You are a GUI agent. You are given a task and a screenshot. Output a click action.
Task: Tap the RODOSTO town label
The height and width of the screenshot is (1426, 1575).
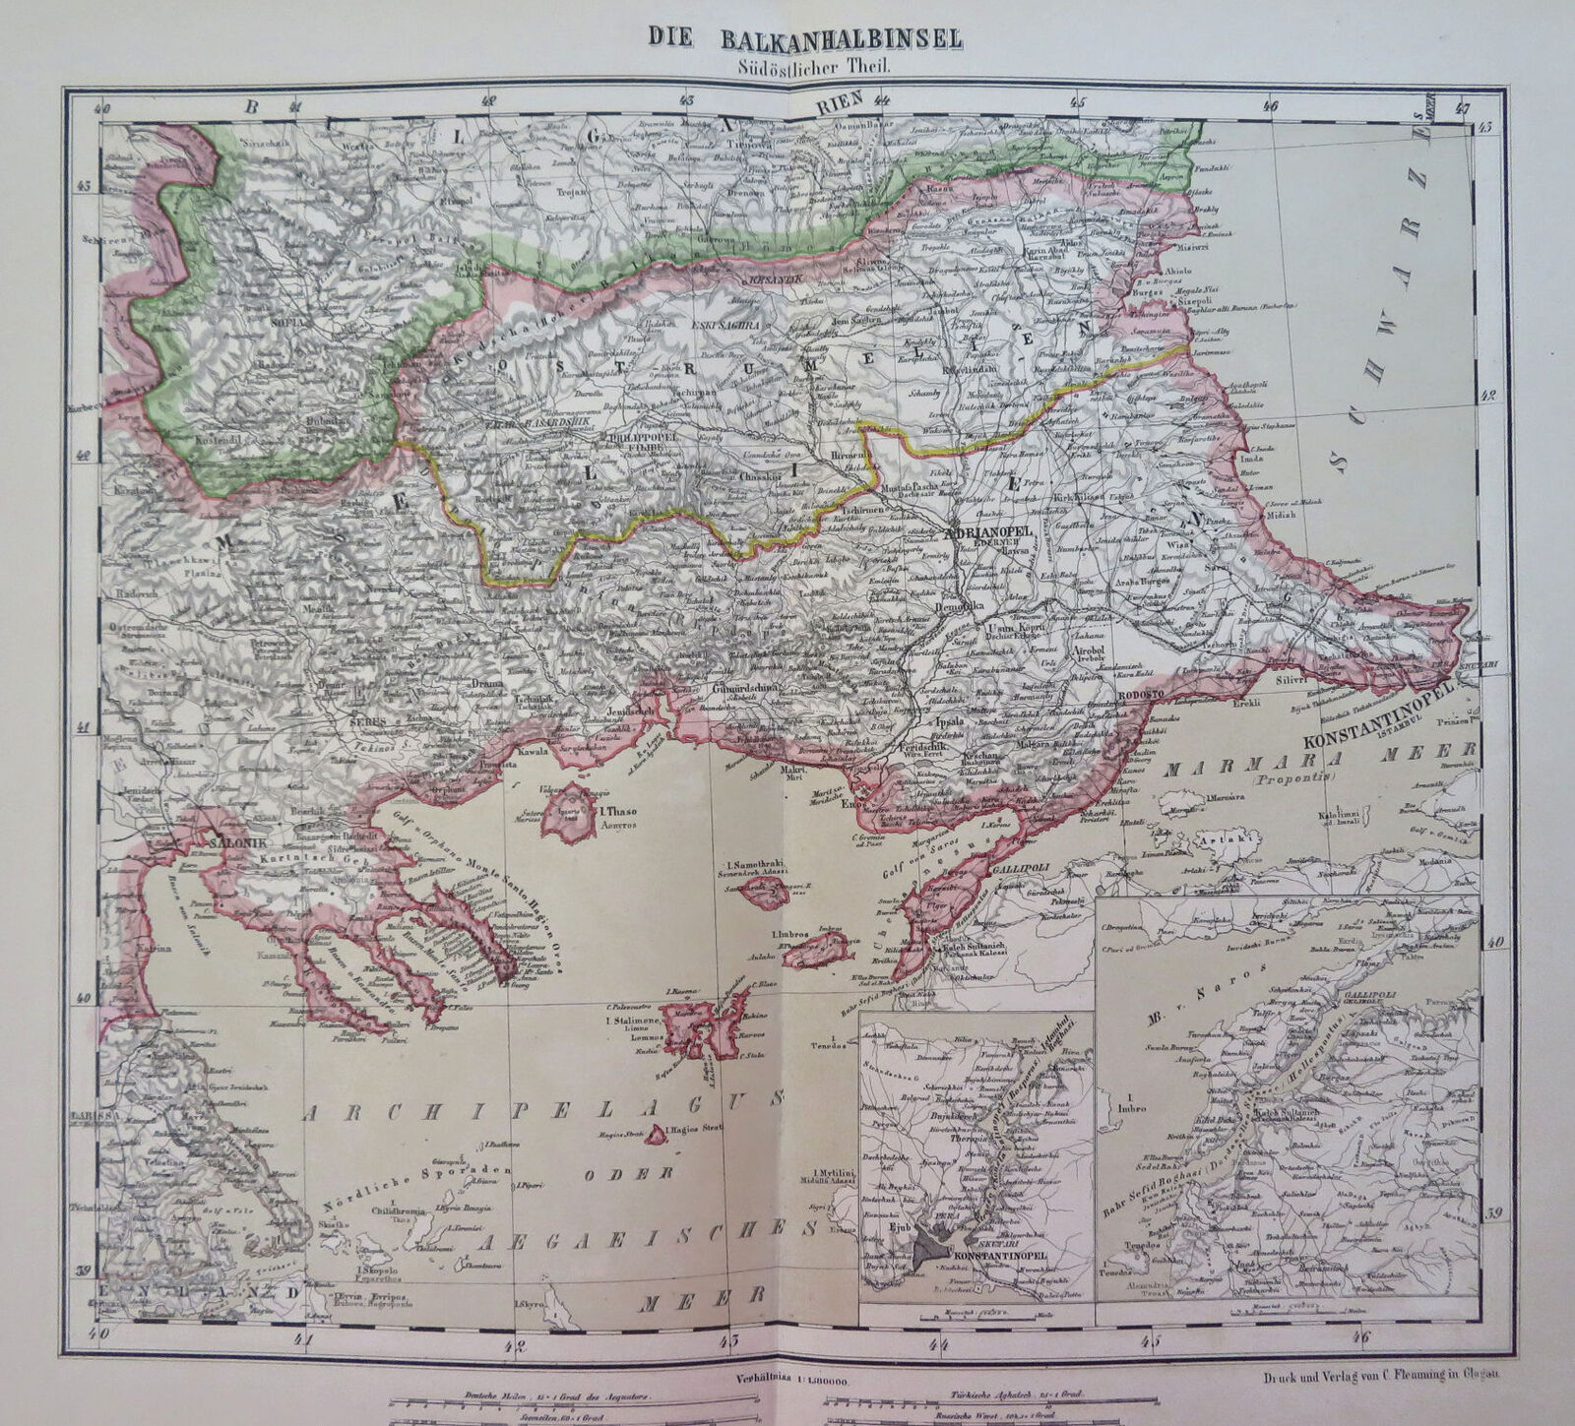tap(1142, 694)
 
